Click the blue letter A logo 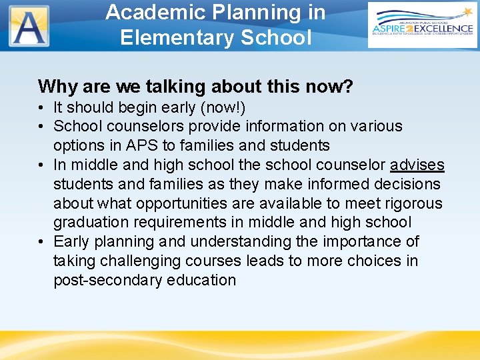[29, 26]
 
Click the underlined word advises [417, 165]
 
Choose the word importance [347, 241]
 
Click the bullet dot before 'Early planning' [42, 242]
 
